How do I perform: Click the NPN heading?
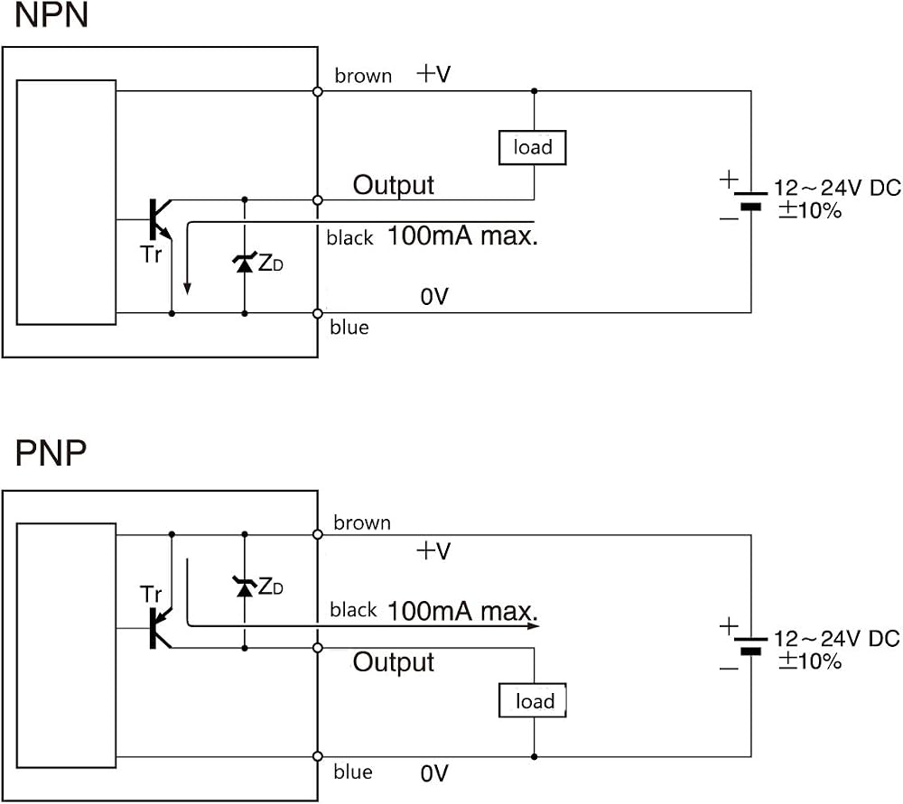click(51, 15)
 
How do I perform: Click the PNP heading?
click(51, 453)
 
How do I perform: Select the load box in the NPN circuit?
click(532, 148)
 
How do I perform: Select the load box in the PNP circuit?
click(533, 700)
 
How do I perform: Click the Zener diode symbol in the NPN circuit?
click(245, 263)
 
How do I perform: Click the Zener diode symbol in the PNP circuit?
click(245, 587)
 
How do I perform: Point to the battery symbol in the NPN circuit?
click(750, 200)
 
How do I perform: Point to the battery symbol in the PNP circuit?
click(750, 646)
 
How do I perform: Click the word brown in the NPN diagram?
click(363, 76)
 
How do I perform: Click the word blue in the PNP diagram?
click(352, 772)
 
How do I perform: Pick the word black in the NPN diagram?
click(349, 237)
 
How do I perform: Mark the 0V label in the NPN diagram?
click(434, 297)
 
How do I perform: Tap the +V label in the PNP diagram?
click(433, 550)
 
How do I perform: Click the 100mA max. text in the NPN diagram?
click(462, 236)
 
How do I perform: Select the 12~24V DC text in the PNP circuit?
click(837, 638)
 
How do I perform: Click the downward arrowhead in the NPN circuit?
click(187, 289)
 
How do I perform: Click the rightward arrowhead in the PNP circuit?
click(534, 625)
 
